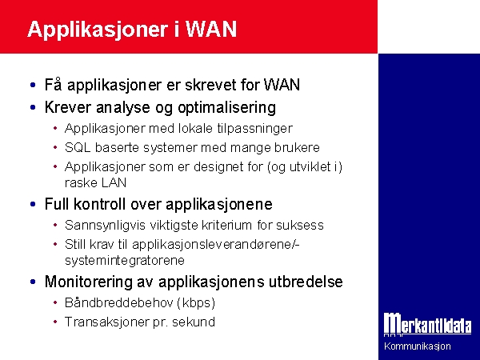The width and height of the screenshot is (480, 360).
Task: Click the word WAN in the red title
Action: [x=211, y=30]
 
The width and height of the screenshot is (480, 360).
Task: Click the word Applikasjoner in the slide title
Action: [x=98, y=30]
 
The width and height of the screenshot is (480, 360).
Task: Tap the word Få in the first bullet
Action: [x=54, y=84]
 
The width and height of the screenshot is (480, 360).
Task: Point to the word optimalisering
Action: [x=227, y=108]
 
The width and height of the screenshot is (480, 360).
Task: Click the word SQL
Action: [x=78, y=147]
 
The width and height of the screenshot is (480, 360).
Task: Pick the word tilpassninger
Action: [x=254, y=129]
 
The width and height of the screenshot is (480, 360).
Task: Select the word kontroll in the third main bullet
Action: [x=99, y=204]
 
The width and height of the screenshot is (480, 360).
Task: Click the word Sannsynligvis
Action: [x=105, y=226]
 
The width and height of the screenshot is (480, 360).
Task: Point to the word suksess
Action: [x=300, y=226]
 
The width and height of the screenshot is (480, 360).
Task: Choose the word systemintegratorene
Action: [x=125, y=260]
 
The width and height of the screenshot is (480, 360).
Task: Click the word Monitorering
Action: [x=89, y=282]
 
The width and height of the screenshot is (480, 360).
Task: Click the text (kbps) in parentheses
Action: [x=196, y=302]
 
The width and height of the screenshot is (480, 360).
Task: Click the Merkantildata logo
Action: [x=428, y=325]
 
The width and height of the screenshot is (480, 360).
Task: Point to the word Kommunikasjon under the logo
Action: [x=418, y=346]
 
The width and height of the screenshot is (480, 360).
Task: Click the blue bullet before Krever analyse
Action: [x=33, y=107]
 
